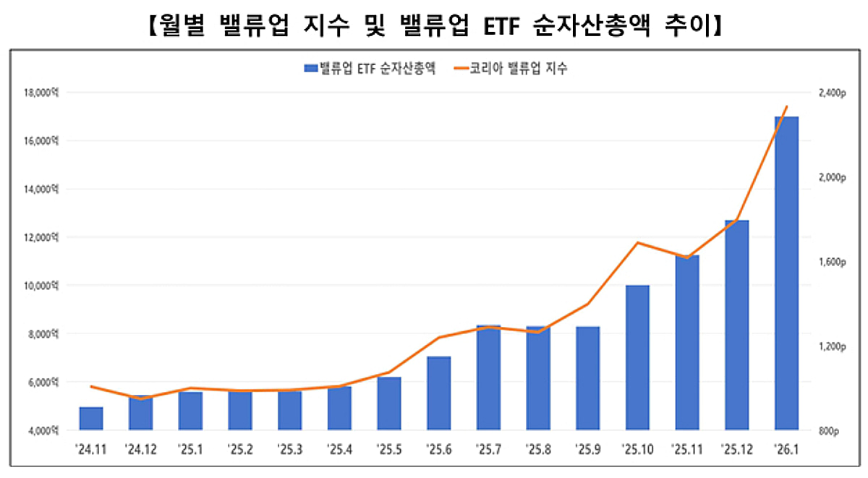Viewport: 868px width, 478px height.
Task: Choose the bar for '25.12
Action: (x=736, y=325)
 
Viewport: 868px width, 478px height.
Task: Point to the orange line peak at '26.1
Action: (x=787, y=107)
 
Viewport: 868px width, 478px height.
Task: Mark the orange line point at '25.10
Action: (x=638, y=243)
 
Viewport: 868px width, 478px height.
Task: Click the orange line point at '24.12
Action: (x=141, y=398)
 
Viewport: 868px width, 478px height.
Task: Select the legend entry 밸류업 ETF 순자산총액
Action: (x=369, y=69)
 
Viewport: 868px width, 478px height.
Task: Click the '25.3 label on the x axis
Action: (x=289, y=449)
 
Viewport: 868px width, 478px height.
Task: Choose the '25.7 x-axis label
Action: (x=488, y=449)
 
